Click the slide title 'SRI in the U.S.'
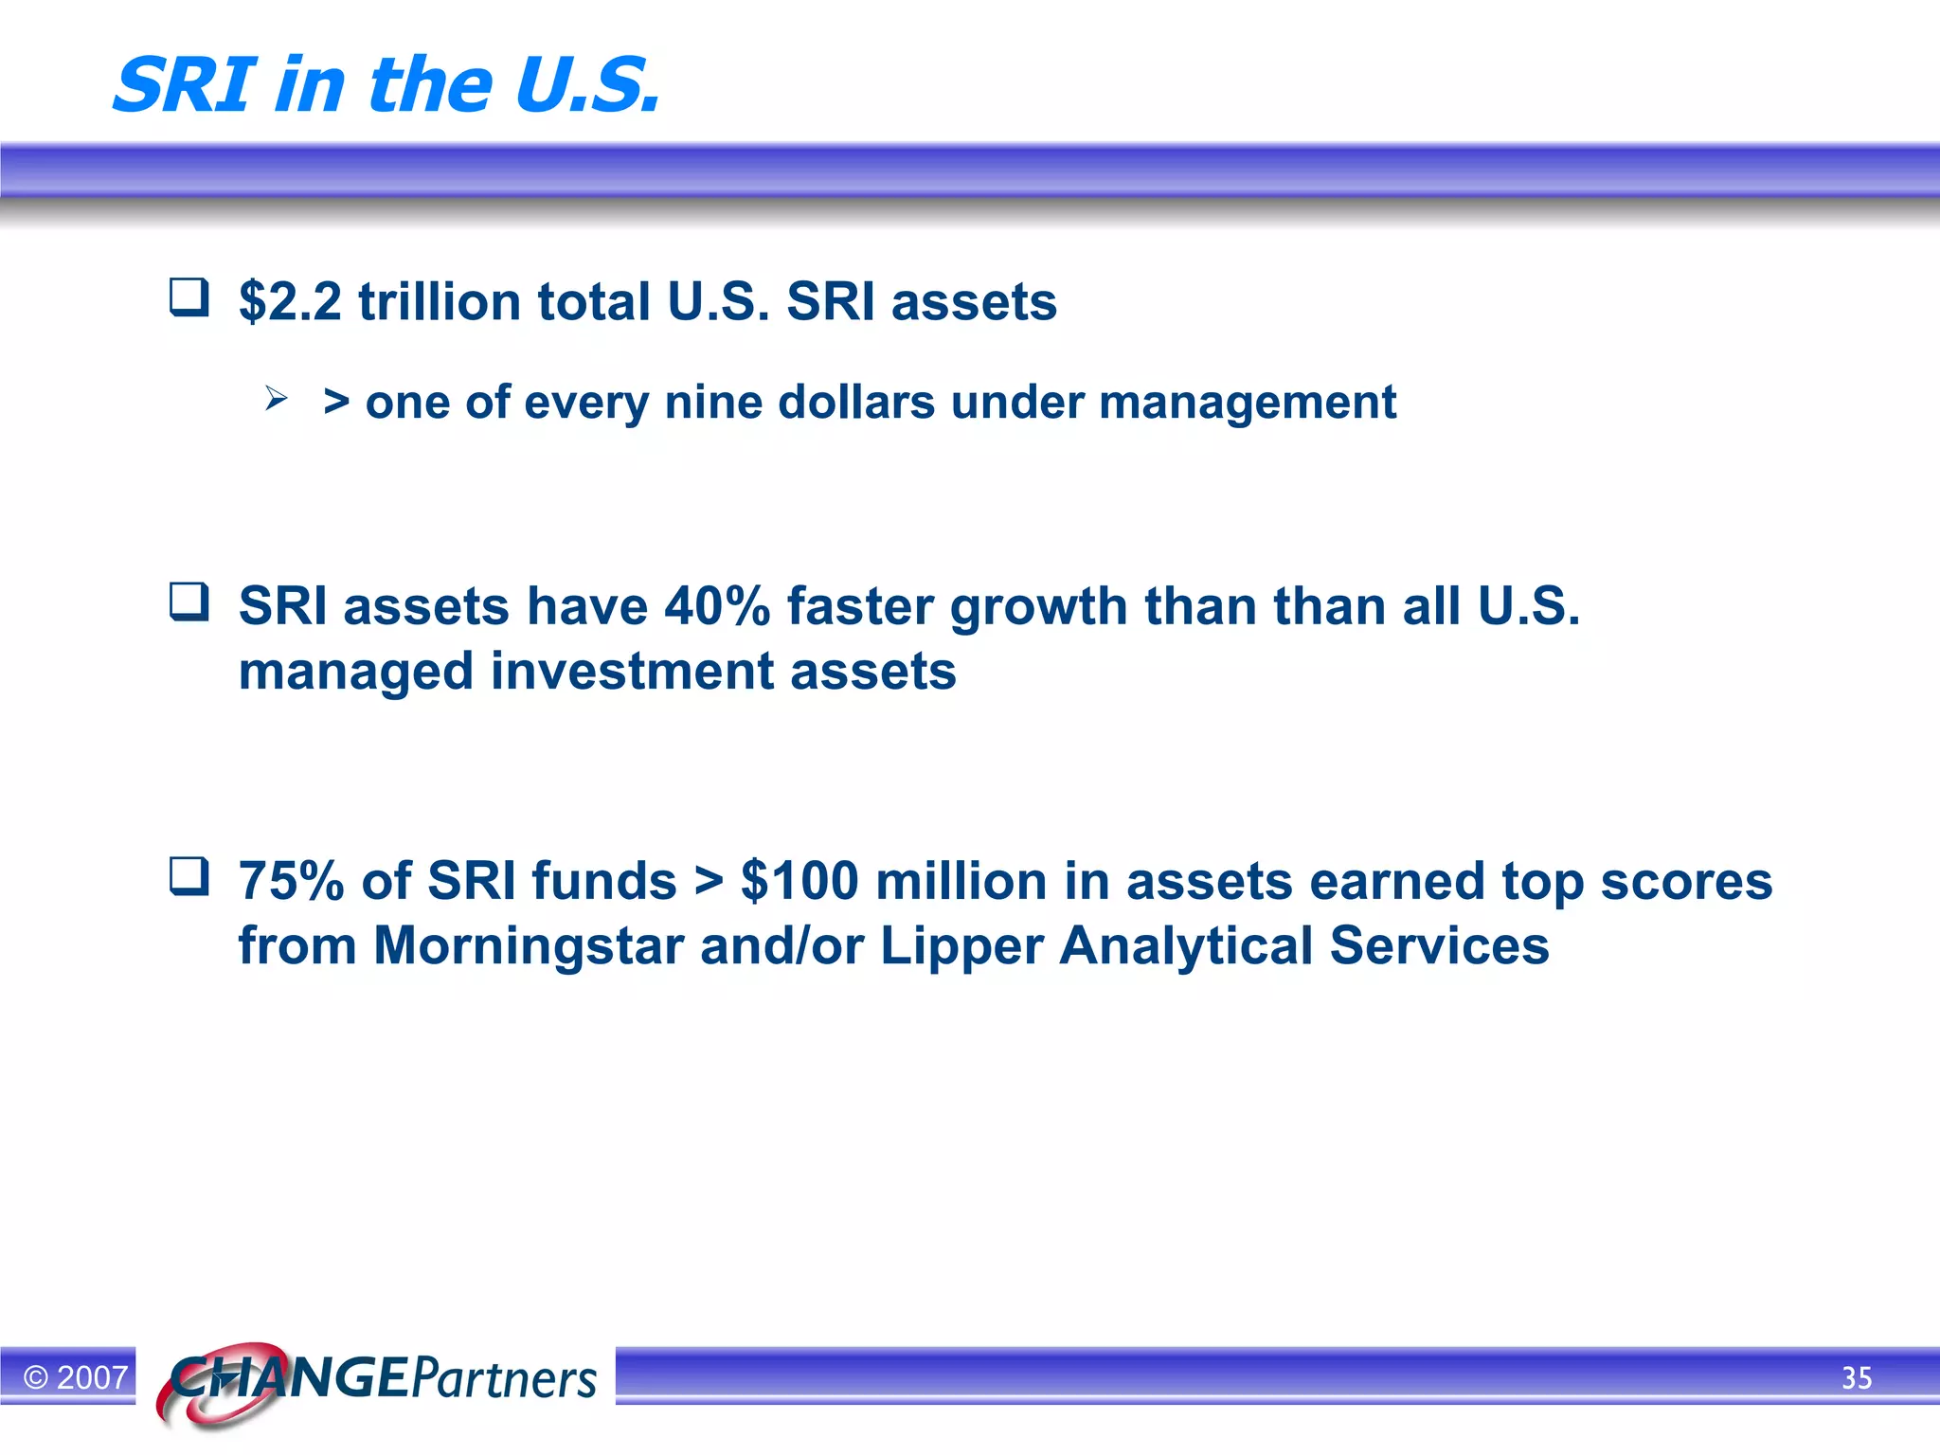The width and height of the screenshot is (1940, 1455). click(386, 85)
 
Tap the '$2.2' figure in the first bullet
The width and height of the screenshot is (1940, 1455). click(290, 302)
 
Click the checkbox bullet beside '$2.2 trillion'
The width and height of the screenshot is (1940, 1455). click(189, 296)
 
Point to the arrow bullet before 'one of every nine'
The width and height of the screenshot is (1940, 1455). click(276, 398)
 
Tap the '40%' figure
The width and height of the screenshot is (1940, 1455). click(717, 606)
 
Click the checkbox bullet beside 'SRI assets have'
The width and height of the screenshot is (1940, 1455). click(189, 602)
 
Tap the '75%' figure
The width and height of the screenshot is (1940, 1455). click(291, 881)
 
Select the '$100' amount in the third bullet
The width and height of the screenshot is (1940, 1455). click(799, 881)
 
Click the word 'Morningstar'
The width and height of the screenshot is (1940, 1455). click(528, 946)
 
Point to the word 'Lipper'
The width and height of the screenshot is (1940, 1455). click(961, 947)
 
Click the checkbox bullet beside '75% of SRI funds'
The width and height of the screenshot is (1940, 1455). click(189, 876)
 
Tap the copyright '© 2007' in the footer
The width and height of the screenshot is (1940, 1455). click(76, 1377)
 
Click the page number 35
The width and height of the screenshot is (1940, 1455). click(1857, 1378)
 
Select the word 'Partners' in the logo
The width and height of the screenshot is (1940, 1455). click(504, 1379)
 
